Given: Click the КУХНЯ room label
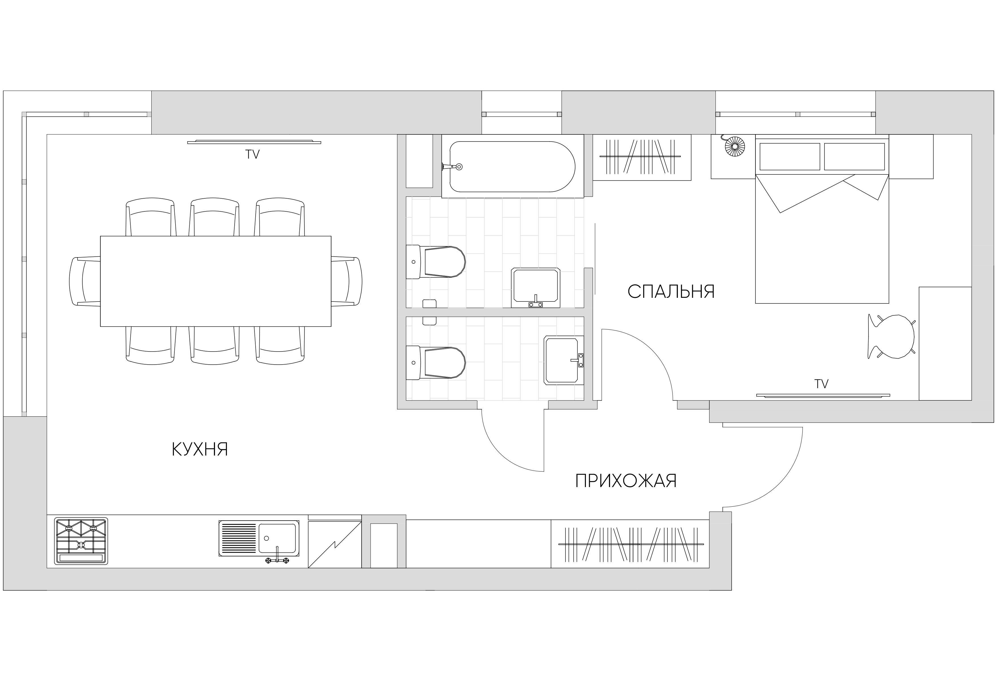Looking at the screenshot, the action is point(200,449).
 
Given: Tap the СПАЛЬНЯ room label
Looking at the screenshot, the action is point(671,292).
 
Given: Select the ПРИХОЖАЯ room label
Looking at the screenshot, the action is point(626,481).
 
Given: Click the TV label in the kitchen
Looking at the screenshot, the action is point(252,154).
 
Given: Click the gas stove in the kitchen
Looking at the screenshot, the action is point(81,541).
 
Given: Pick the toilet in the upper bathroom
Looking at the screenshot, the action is point(435,262).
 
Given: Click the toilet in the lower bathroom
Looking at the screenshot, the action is point(435,362).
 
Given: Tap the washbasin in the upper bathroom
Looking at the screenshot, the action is point(536,288).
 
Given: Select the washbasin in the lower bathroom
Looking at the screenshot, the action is point(563,360).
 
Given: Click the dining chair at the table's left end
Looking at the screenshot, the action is point(85,281).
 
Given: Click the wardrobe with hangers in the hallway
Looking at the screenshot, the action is point(630,544).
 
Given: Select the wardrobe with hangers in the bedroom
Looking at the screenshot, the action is point(642,157).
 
